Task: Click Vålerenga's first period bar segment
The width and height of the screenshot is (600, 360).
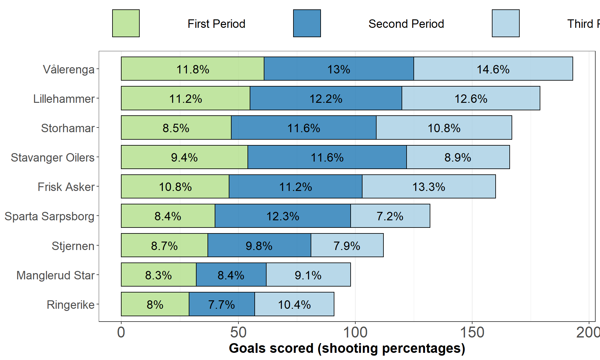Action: pos(192,69)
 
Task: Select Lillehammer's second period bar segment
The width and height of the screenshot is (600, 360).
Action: pos(326,98)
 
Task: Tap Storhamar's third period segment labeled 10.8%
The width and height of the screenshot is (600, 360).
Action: pos(444,128)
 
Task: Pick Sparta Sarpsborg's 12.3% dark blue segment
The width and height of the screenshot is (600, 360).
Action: pos(282,216)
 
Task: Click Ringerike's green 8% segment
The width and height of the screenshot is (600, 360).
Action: pos(155,304)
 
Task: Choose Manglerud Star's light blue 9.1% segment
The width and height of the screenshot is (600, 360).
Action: pos(308,275)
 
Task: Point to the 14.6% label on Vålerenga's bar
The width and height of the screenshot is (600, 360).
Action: pos(493,69)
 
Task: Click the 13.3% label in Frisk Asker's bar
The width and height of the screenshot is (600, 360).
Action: pos(428,187)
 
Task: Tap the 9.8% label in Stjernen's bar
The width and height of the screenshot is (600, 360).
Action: pos(259,246)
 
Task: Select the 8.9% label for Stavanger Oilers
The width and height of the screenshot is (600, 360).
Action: pos(457,157)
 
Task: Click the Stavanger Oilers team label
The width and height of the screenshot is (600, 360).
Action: pos(52,157)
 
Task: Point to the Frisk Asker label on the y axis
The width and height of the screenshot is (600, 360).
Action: pos(66,187)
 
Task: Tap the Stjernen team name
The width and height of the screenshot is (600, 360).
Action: pos(73,246)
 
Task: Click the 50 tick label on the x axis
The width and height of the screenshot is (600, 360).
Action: pos(238,332)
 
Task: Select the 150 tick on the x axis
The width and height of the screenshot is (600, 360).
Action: pos(472,332)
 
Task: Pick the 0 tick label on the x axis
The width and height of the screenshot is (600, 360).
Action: pos(121,332)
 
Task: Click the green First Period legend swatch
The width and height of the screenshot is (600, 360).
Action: pos(126,23)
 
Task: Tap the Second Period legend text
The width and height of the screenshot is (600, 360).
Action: pos(406,24)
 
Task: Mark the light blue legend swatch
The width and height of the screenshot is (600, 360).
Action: pos(506,23)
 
